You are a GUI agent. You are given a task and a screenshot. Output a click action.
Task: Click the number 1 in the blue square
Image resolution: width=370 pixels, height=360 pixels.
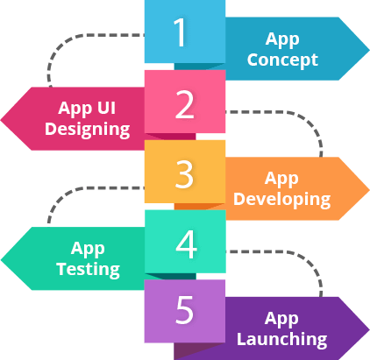click(x=180, y=33)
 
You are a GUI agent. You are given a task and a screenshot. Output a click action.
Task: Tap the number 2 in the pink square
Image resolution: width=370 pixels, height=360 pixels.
click(x=185, y=104)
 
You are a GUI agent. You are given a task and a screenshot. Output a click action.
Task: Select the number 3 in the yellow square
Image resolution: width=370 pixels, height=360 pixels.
click(x=184, y=174)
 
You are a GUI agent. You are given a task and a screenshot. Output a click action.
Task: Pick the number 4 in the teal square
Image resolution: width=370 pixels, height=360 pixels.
click(x=186, y=244)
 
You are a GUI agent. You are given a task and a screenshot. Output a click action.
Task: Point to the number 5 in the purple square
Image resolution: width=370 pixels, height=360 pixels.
click(x=185, y=312)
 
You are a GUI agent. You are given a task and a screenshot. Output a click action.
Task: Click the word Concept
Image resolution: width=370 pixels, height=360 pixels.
click(x=281, y=61)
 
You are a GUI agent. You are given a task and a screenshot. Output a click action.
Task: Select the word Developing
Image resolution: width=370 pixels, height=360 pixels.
click(x=281, y=200)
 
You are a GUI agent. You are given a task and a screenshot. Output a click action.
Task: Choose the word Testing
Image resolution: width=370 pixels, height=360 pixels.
click(x=88, y=269)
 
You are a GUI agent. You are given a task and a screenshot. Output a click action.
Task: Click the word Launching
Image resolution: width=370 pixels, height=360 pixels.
click(x=281, y=338)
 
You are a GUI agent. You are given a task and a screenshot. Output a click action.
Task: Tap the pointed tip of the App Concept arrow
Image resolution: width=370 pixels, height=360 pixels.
click(x=366, y=50)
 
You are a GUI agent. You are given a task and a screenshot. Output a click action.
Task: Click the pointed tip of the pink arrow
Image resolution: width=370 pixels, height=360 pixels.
click(x=4, y=118)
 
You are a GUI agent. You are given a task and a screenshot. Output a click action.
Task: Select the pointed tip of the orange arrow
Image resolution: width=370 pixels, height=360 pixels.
click(x=366, y=188)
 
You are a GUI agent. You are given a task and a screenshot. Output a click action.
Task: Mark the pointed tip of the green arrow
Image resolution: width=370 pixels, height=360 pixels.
click(x=4, y=258)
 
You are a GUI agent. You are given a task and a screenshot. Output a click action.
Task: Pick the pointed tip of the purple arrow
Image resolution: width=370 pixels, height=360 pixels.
click(x=366, y=327)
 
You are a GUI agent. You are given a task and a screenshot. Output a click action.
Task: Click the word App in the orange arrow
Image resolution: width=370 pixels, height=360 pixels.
click(x=281, y=179)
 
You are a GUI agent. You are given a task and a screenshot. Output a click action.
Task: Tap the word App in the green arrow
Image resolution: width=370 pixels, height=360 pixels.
click(x=88, y=248)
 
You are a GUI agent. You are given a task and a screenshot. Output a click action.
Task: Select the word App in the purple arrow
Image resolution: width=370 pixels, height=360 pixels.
click(x=281, y=317)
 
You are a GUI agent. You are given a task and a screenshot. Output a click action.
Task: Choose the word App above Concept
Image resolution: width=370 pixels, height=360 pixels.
click(x=281, y=40)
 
